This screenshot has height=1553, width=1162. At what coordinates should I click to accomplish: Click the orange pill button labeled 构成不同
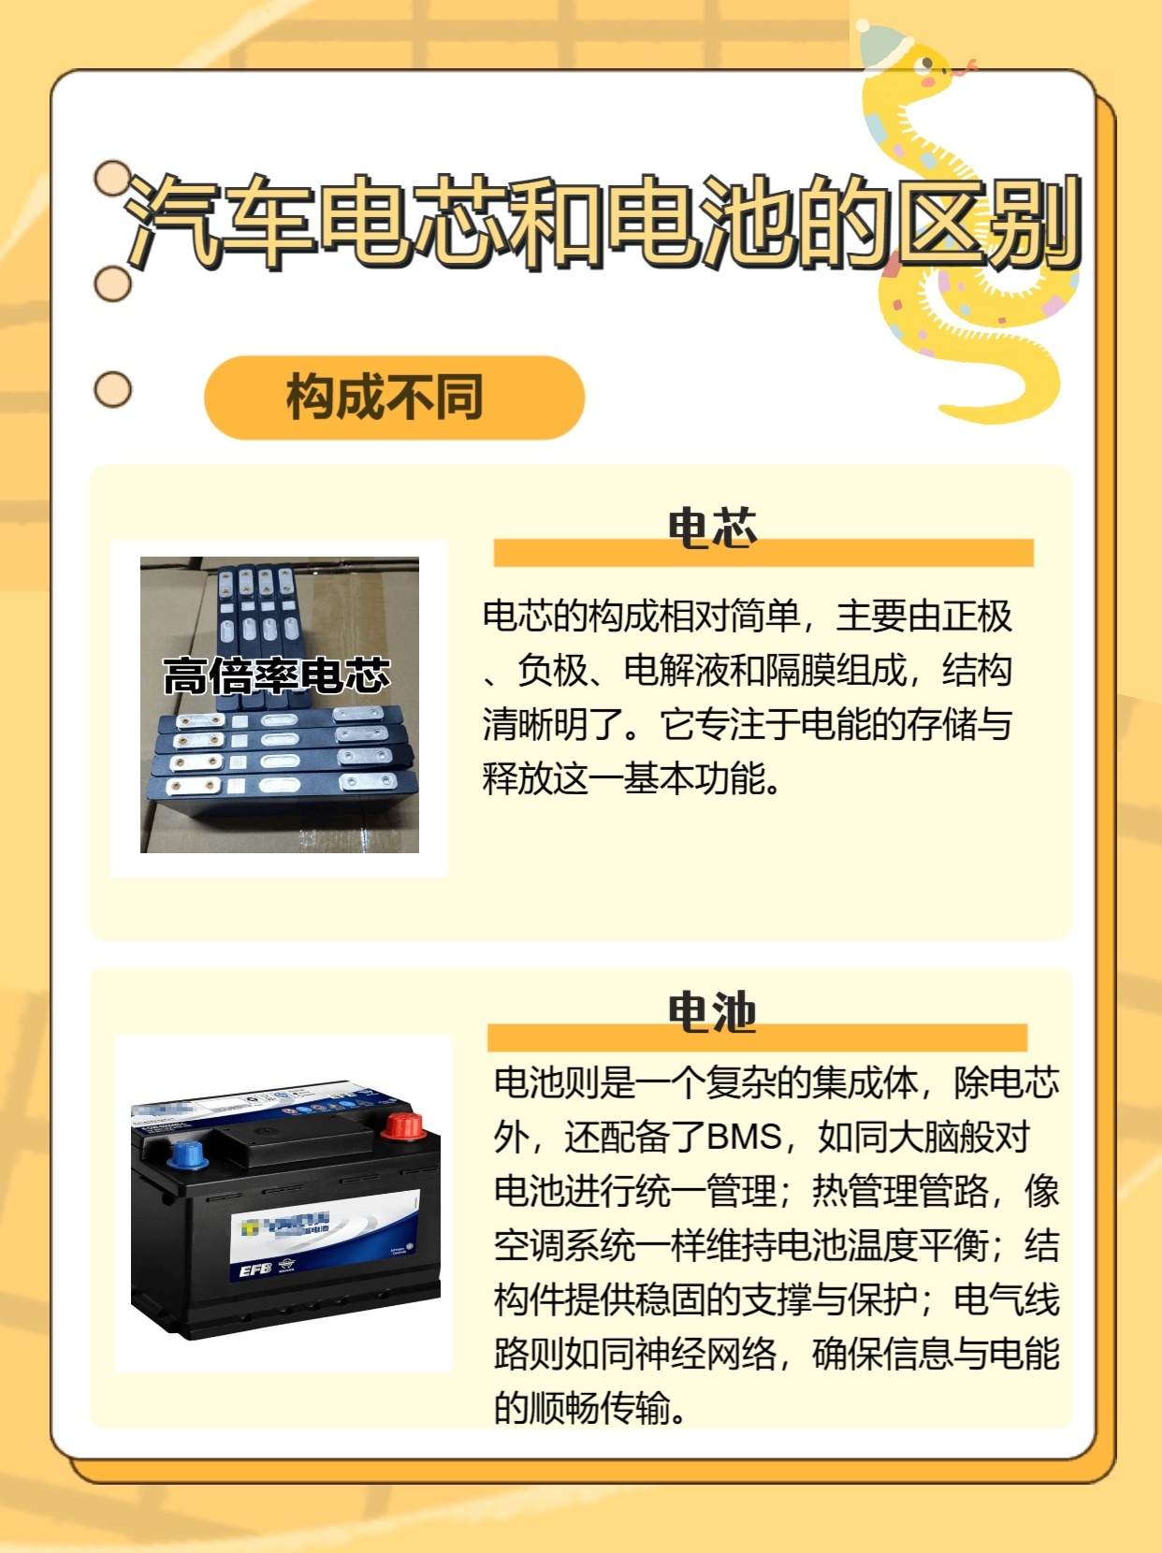[x=394, y=398]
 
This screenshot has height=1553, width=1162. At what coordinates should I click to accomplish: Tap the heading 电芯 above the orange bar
[x=712, y=528]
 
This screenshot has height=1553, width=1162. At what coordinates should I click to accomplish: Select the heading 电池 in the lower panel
[x=712, y=1012]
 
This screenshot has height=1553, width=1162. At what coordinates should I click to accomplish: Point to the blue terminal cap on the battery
[x=188, y=1154]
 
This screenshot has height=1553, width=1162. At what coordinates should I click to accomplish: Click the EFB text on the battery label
[x=254, y=1270]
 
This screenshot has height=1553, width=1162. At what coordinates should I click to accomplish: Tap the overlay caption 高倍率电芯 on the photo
[x=277, y=675]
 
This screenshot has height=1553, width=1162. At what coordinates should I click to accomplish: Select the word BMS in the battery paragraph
[x=744, y=1137]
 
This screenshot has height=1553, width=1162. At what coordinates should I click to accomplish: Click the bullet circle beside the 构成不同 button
[x=113, y=389]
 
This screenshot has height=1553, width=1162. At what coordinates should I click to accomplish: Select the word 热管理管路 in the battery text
[x=900, y=1191]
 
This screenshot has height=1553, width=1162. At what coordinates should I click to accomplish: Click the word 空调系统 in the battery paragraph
[x=564, y=1245]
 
